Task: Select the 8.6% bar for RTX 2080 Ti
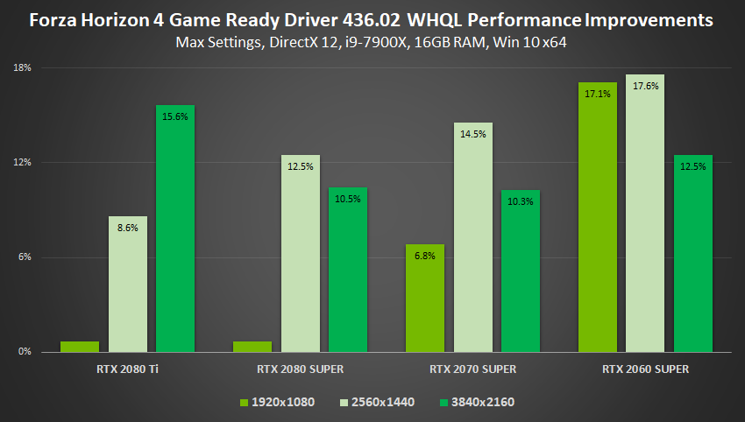128,285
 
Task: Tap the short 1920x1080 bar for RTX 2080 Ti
80,347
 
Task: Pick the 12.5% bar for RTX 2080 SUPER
301,254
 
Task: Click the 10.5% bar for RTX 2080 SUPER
348,270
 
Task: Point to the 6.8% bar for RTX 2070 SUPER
425,298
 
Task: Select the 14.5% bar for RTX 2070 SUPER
473,237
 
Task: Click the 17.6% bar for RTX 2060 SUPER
645,214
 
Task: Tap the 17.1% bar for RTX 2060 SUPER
598,217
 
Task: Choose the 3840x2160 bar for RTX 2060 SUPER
693,254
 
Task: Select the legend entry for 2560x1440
378,402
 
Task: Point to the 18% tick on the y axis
24,68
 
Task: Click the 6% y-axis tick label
25,257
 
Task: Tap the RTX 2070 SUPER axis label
472,369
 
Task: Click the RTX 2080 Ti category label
128,369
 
